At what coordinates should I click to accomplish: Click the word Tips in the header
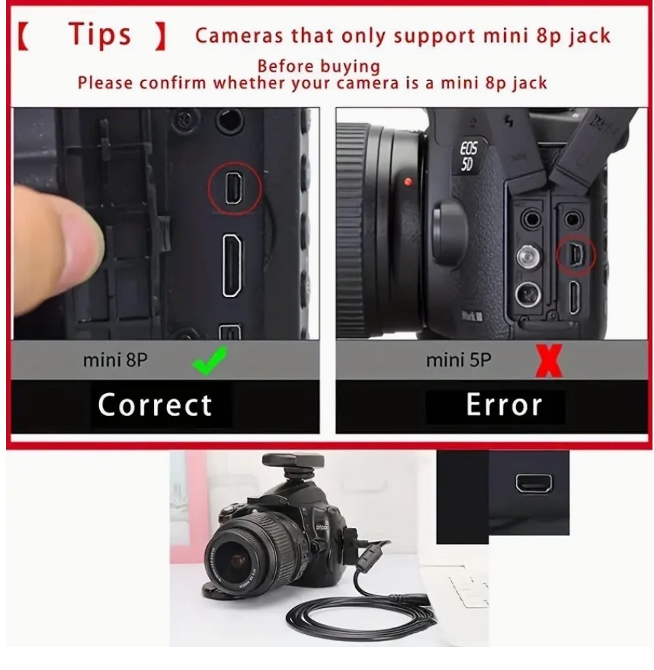click(x=99, y=34)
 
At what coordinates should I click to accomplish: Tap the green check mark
click(x=209, y=360)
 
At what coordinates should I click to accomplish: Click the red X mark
click(x=549, y=361)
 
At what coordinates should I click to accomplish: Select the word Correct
click(x=155, y=404)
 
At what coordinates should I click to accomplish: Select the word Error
click(x=504, y=404)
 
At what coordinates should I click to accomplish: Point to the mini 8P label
click(x=115, y=359)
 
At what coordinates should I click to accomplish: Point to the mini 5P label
click(x=458, y=359)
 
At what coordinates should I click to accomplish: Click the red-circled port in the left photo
click(x=233, y=188)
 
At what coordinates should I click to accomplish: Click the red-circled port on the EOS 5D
click(x=576, y=255)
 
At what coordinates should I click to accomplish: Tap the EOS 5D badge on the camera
click(x=468, y=156)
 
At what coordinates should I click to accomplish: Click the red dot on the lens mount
click(x=408, y=182)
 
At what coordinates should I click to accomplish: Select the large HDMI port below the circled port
click(x=232, y=266)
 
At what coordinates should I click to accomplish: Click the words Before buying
click(x=319, y=66)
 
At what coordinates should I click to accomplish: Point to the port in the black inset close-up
click(x=534, y=484)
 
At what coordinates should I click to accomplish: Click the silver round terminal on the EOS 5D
click(x=528, y=257)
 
